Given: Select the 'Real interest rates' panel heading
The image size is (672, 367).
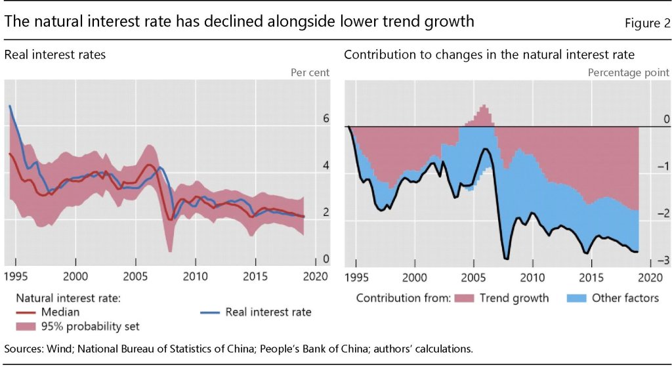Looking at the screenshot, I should point(55,55).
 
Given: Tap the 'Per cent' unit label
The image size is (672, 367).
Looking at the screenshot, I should point(310,73).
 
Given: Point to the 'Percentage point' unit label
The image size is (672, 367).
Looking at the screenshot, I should point(628,73).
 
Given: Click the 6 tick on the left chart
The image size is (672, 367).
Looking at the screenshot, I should point(325,119).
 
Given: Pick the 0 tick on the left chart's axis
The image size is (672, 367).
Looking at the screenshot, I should point(325,259).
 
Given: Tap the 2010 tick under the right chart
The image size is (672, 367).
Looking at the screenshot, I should point(532,276).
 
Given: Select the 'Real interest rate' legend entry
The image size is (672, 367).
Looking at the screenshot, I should point(268,312).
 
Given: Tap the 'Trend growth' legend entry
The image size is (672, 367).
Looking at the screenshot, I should point(514,298).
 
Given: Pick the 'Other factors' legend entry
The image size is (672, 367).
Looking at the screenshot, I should point(625,298).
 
